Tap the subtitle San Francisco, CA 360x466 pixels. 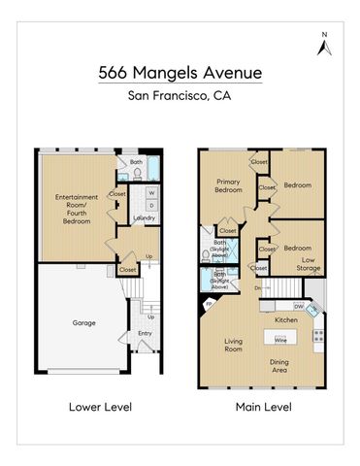pyautogui.click(x=180, y=95)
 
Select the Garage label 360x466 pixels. pyautogui.click(x=83, y=321)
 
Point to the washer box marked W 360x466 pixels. pyautogui.click(x=151, y=192)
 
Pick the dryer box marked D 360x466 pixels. pyautogui.click(x=151, y=205)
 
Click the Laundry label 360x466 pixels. pyautogui.click(x=145, y=217)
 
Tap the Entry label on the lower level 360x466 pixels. pyautogui.click(x=145, y=333)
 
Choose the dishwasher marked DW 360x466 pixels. pyautogui.click(x=298, y=305)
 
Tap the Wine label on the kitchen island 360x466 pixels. pyautogui.click(x=279, y=340)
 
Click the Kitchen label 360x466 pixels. pyautogui.click(x=285, y=319)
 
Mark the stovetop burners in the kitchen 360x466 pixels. pyautogui.click(x=317, y=337)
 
